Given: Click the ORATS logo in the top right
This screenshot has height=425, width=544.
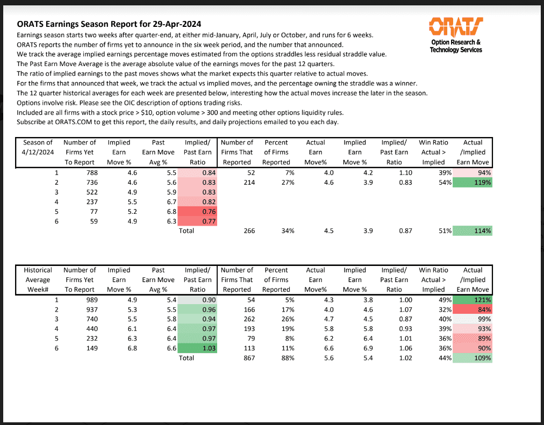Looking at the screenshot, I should [456, 26].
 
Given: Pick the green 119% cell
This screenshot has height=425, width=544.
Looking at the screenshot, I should [473, 182].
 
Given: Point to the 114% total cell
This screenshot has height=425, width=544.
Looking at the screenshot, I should [473, 230].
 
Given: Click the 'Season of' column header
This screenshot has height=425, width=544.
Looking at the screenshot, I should [38, 142].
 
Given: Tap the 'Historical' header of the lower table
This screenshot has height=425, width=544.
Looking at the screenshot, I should [38, 270].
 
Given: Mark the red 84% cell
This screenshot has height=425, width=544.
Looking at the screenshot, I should [473, 309].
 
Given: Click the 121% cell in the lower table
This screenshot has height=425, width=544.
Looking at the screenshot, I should [473, 300].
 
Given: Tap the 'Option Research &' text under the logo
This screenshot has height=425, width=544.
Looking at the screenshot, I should [456, 42].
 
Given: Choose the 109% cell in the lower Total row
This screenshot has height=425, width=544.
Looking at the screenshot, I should [473, 358].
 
